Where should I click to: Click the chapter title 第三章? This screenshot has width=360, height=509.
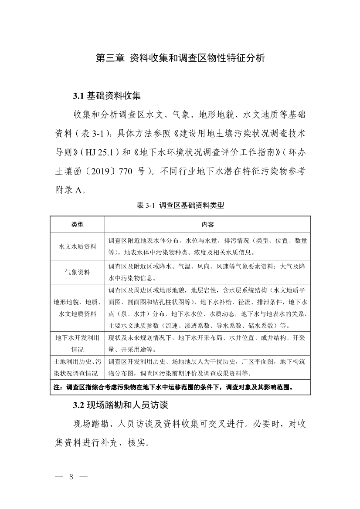point(109,58)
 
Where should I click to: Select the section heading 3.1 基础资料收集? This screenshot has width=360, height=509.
point(107,95)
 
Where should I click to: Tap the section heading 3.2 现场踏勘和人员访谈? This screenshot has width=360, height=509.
point(120,405)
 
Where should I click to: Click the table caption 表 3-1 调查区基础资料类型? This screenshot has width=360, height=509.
point(180,206)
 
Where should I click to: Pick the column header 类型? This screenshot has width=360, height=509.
point(78,225)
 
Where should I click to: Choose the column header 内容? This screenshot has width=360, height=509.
point(207,225)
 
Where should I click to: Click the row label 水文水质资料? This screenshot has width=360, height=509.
point(78,246)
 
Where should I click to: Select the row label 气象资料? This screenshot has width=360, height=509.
point(78,272)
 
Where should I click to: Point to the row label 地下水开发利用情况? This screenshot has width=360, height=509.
point(78,344)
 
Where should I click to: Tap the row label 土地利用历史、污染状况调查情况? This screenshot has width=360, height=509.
point(78,367)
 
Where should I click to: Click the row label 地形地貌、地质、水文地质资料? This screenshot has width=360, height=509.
point(78,308)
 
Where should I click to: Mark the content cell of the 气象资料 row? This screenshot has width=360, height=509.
point(207,272)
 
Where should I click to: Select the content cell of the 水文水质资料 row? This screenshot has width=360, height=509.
point(207,246)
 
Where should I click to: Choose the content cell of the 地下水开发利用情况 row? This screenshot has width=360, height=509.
point(207,344)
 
